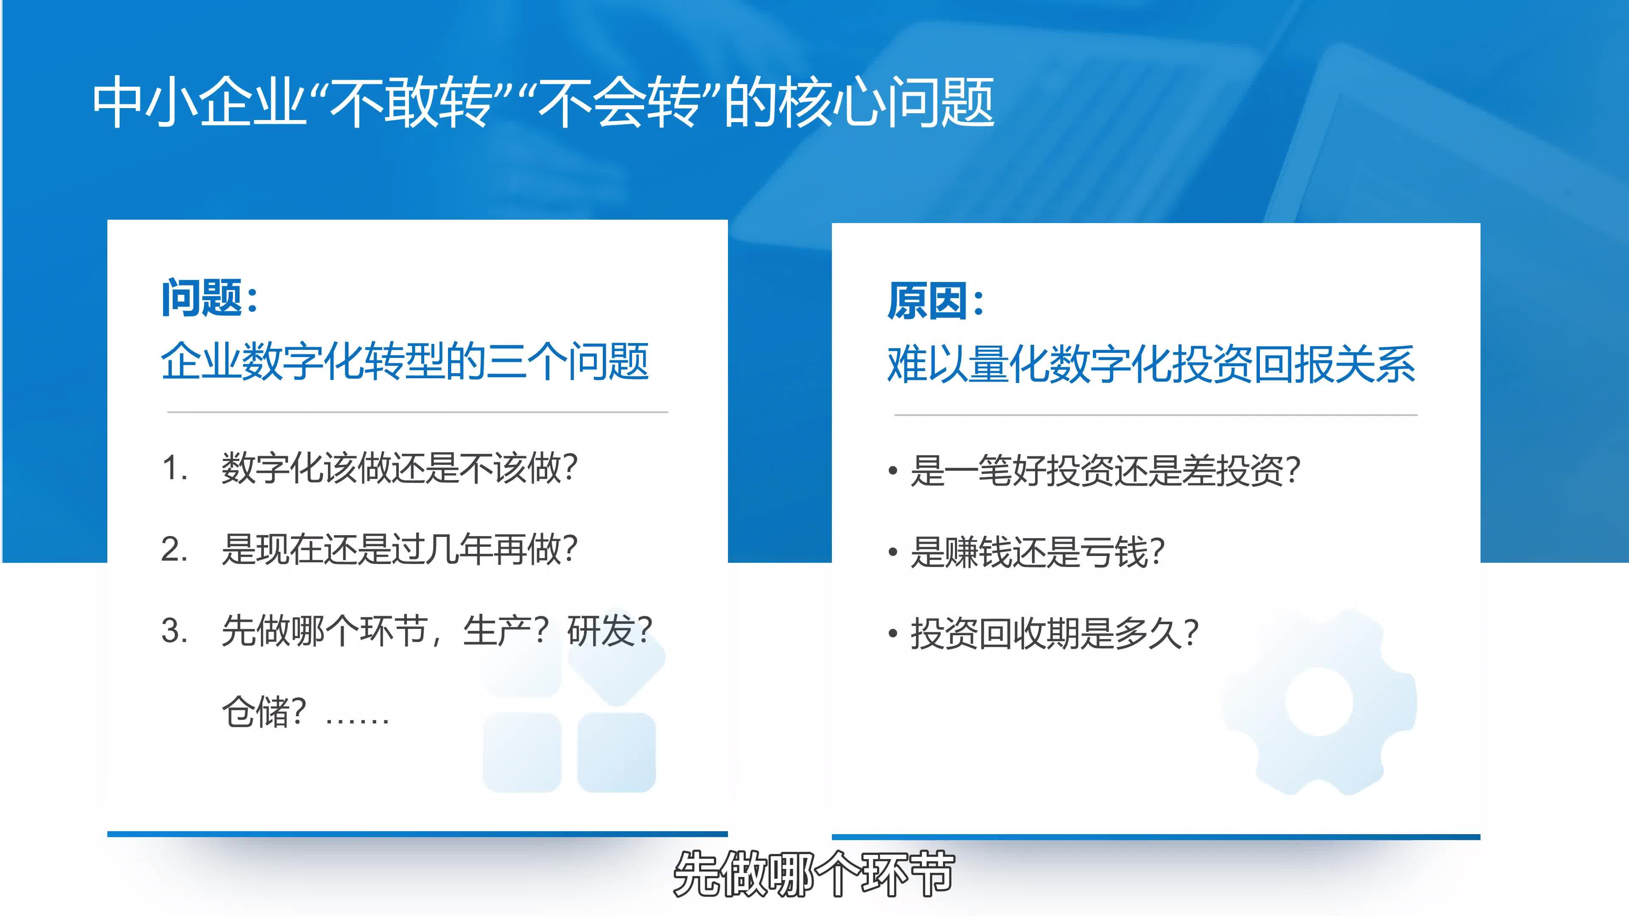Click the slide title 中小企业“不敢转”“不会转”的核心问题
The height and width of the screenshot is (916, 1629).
[x=543, y=102]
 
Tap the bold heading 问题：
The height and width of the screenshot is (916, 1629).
[x=210, y=297]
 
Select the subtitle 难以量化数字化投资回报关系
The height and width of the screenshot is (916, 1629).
[x=1151, y=365]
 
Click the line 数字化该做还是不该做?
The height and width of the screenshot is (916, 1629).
[x=400, y=469]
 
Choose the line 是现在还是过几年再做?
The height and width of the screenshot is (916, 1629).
[x=400, y=549]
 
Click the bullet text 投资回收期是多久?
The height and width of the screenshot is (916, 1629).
[x=1055, y=634]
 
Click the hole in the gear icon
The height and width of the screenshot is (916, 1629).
[x=1319, y=702]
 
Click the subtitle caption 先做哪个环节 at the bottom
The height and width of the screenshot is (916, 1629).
[x=814, y=874]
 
